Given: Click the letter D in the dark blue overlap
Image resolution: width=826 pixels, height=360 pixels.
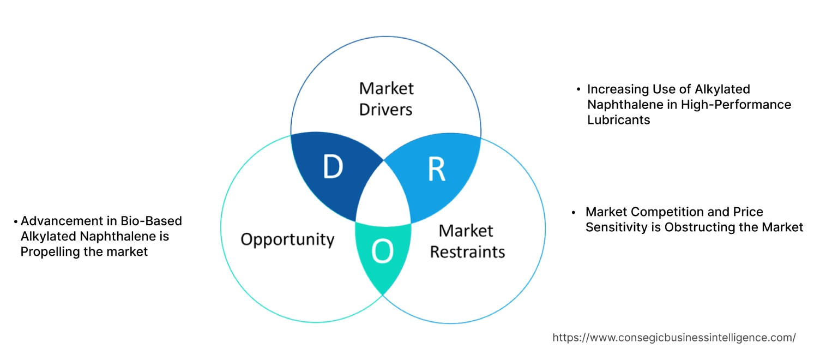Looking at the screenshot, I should [332, 167].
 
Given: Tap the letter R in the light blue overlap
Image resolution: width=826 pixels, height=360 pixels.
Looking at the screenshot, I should [436, 170].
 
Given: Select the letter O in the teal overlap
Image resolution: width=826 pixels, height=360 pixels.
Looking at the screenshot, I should [382, 251].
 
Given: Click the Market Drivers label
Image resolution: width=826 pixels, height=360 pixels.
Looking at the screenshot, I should [385, 99].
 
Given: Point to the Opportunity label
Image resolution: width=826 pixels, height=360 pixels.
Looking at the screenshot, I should [287, 239].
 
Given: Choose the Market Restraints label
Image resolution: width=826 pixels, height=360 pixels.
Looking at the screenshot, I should [467, 241].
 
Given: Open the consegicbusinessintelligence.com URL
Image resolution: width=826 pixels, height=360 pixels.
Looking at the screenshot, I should [674, 338].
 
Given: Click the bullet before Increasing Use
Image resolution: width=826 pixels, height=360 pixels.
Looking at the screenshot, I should [578, 89].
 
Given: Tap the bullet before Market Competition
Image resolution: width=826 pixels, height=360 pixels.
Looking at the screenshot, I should [574, 212].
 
